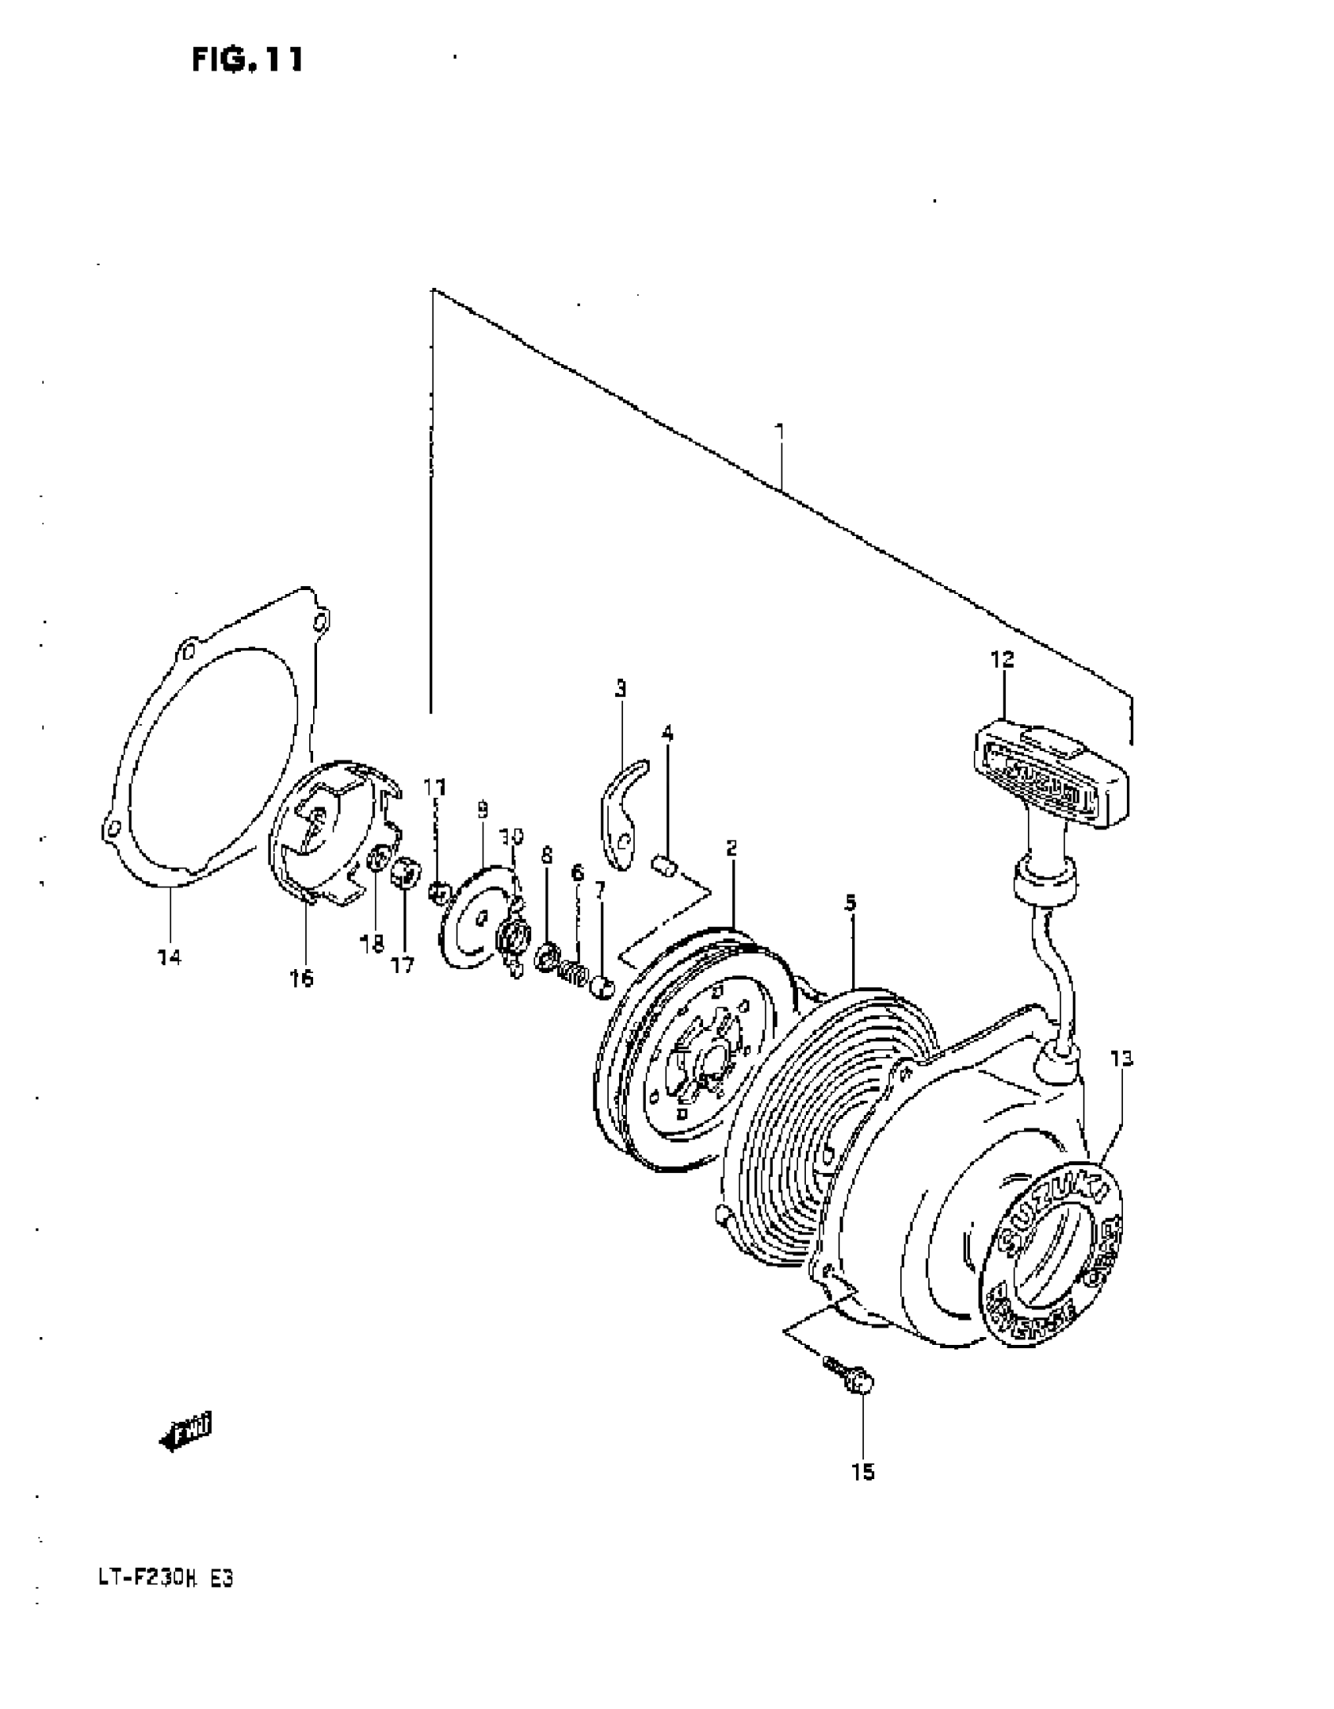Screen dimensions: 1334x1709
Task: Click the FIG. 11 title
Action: [247, 60]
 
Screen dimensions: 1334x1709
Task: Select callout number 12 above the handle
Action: [1002, 660]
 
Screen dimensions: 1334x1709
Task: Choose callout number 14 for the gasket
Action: [169, 957]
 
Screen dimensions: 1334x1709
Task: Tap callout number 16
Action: [301, 978]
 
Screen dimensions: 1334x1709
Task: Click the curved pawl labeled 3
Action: [623, 816]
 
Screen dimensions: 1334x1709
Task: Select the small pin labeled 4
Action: [664, 866]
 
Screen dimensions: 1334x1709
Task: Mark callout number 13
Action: [1121, 1059]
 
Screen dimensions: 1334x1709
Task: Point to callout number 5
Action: [851, 903]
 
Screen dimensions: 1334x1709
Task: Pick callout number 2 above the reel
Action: [731, 848]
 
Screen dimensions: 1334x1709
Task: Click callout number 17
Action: [403, 965]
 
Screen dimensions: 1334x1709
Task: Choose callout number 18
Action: [372, 944]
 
